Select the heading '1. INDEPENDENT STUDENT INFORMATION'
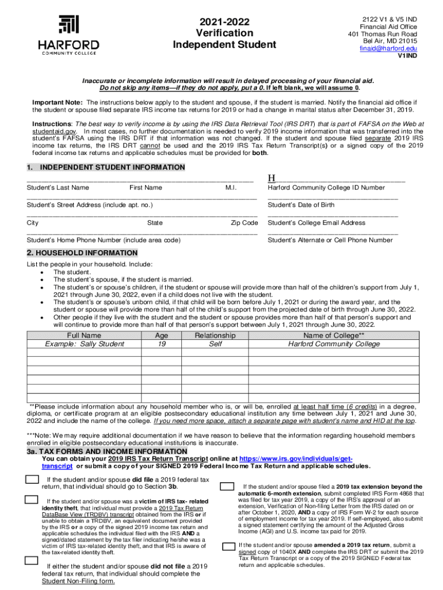[x=106, y=168]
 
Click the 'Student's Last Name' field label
[x=58, y=187]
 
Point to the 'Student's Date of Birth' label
[x=301, y=205]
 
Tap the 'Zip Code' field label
[x=245, y=223]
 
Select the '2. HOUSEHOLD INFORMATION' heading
[x=82, y=253]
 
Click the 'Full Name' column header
[x=84, y=335]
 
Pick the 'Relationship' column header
[x=215, y=335]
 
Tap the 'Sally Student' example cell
[x=85, y=344]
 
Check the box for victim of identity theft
[x=31, y=500]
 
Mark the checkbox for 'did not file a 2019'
[x=31, y=561]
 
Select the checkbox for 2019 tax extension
[x=227, y=487]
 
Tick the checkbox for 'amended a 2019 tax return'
[x=227, y=546]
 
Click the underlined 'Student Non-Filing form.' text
[x=78, y=581]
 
